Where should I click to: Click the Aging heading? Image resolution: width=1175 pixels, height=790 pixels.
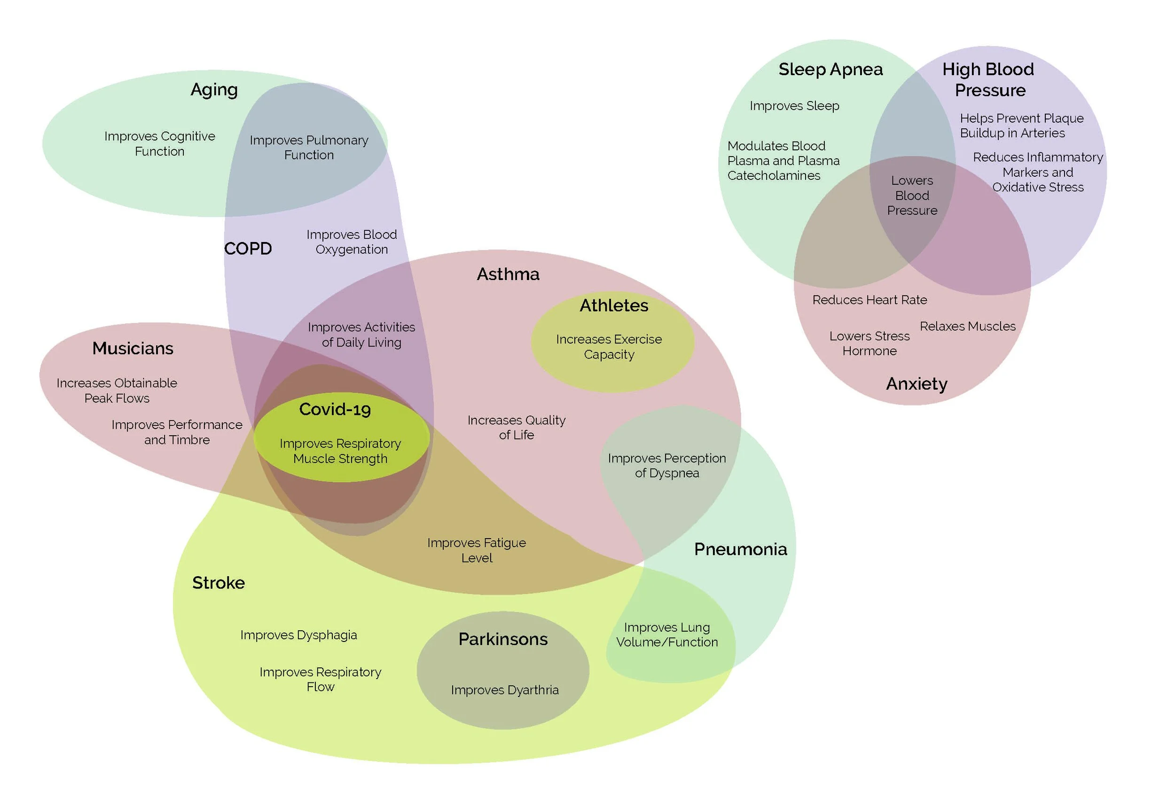point(214,90)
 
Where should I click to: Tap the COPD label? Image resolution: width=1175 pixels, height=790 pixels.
point(248,249)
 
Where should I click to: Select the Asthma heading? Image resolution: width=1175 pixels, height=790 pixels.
point(508,274)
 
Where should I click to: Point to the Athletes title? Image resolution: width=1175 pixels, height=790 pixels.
point(614,305)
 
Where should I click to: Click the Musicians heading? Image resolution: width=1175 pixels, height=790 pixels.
point(133,348)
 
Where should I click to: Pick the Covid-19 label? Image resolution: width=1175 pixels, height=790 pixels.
point(335,409)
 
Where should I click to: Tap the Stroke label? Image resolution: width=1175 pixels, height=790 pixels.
point(218,582)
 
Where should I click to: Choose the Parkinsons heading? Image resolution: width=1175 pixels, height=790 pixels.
point(503,639)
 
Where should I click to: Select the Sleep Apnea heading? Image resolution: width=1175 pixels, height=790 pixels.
point(830,69)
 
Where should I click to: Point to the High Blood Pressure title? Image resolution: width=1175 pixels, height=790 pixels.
point(988,79)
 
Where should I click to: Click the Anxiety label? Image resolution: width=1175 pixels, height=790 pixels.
point(916,384)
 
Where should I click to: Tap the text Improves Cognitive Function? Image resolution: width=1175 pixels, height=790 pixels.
point(160,144)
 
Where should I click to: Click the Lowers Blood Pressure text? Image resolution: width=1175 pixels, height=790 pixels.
point(912,196)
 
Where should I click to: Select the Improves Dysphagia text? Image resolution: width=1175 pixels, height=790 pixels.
point(299,635)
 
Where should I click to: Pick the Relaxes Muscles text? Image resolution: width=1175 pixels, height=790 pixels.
point(967,326)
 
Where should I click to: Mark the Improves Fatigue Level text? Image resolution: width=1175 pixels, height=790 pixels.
point(477,550)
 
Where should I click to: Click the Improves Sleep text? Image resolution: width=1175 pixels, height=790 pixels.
point(794,106)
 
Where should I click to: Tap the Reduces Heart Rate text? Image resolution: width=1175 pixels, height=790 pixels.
point(869,300)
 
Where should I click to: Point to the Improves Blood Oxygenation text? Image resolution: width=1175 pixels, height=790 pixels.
point(352,242)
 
